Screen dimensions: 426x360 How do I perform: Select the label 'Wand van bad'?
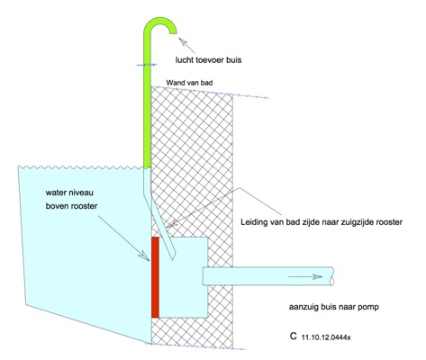click(189, 82)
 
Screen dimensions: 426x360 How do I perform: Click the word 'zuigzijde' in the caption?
click(354, 222)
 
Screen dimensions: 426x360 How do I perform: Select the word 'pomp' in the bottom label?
click(368, 307)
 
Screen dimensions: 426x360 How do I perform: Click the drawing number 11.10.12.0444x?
click(326, 337)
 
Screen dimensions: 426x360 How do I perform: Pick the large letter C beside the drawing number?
click(294, 336)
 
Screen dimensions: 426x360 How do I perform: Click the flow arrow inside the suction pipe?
click(305, 276)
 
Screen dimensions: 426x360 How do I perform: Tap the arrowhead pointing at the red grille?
click(144, 256)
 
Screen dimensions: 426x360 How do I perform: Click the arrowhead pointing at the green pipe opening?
click(182, 41)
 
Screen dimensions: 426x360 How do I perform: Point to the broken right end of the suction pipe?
click(332, 276)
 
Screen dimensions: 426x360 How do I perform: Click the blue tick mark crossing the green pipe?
click(147, 65)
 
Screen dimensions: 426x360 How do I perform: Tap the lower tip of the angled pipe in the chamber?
click(173, 259)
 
